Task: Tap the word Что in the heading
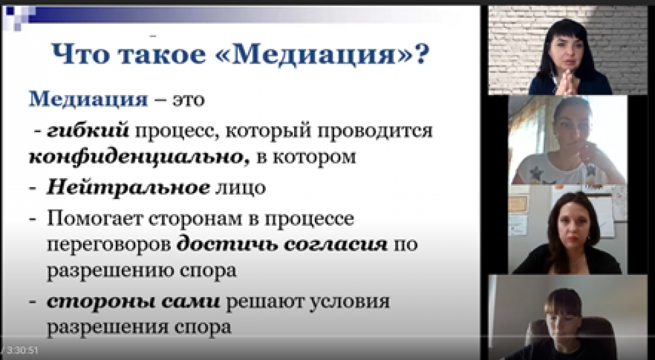(80, 54)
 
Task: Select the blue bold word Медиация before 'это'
(88, 99)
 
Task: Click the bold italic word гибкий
(88, 131)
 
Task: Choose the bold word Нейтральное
(128, 188)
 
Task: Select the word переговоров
(109, 245)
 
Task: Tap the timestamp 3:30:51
(22, 350)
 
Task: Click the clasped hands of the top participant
(567, 82)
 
